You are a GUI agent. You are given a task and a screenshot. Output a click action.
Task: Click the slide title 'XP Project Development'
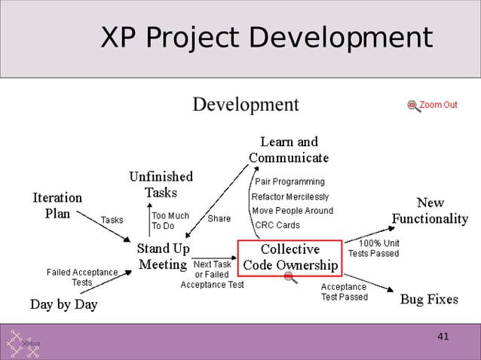[267, 38]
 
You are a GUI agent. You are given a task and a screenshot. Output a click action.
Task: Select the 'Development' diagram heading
[246, 104]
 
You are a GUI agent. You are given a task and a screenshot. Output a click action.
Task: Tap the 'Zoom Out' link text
[438, 105]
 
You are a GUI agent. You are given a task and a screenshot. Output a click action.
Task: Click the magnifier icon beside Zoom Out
[413, 105]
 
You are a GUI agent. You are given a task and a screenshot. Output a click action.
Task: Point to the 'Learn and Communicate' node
[289, 150]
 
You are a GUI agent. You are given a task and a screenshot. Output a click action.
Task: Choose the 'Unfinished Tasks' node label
[161, 185]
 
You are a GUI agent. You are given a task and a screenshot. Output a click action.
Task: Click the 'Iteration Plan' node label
[57, 205]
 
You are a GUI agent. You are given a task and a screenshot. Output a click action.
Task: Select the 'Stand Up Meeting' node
[163, 256]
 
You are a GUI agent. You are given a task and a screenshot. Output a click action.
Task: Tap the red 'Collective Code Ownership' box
[290, 257]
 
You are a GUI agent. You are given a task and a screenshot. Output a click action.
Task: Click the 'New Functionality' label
[430, 211]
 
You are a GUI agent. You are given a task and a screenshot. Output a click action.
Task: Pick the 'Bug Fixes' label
[428, 299]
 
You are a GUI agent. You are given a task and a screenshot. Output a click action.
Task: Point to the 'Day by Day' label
[63, 305]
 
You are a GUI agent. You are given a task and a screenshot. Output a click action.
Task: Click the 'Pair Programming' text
[290, 182]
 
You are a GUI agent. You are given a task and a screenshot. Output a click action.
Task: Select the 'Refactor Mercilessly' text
[291, 197]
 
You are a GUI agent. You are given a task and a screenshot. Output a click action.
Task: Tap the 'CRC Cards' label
[277, 225]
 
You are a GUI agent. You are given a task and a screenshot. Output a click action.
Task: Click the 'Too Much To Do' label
[170, 221]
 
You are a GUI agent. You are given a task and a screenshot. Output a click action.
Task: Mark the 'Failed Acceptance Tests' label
[82, 277]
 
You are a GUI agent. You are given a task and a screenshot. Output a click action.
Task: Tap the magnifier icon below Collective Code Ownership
[290, 279]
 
